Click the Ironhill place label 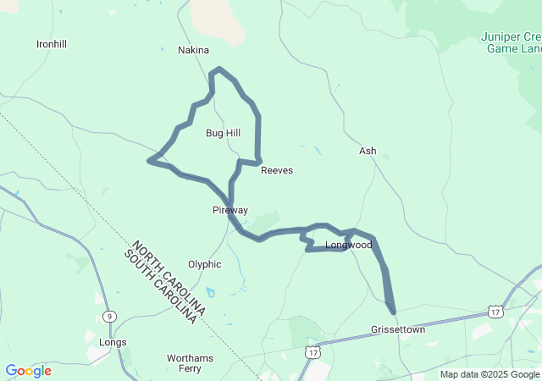[x=52, y=43]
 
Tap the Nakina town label [x=193, y=50]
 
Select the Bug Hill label [x=223, y=133]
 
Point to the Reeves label [x=277, y=170]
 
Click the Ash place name [x=368, y=151]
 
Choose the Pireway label [x=230, y=209]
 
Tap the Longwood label [x=349, y=246]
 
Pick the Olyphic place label [x=204, y=264]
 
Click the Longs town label [x=113, y=342]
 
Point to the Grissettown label [x=398, y=329]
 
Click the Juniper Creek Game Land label [x=511, y=42]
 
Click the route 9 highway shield [x=110, y=316]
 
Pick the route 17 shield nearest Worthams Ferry [x=312, y=351]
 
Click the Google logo [x=28, y=371]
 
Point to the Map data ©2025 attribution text [x=489, y=374]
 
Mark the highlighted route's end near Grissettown [x=393, y=312]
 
